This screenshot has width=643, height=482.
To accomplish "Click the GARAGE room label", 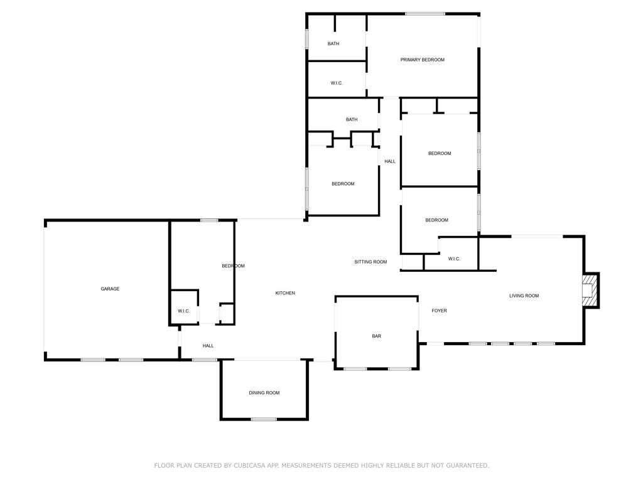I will (110, 289).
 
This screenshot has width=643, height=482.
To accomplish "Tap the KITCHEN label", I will (285, 293).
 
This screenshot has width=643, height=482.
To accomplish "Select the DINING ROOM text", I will (264, 393).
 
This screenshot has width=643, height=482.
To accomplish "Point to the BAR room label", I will (376, 336).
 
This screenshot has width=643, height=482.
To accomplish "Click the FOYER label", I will (439, 311).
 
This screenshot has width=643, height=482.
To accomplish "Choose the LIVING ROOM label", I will (524, 296).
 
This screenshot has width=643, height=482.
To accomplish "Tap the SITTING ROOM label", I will (370, 262).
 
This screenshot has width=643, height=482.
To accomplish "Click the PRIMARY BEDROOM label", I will (422, 60).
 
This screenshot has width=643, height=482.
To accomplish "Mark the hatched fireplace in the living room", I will (589, 291).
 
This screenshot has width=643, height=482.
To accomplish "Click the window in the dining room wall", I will (264, 419).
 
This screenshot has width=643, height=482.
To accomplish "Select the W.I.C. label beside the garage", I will (183, 311).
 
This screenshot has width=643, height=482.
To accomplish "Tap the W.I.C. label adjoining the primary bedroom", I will (337, 83).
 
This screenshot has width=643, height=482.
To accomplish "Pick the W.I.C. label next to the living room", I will (454, 259).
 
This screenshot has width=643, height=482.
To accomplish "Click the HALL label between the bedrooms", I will (390, 161).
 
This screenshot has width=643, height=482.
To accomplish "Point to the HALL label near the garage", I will (208, 346).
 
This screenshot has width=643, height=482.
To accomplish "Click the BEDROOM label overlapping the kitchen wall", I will (233, 266).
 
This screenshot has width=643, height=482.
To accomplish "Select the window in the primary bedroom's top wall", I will (424, 14).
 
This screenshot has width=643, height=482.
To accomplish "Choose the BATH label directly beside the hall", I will (352, 119).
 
